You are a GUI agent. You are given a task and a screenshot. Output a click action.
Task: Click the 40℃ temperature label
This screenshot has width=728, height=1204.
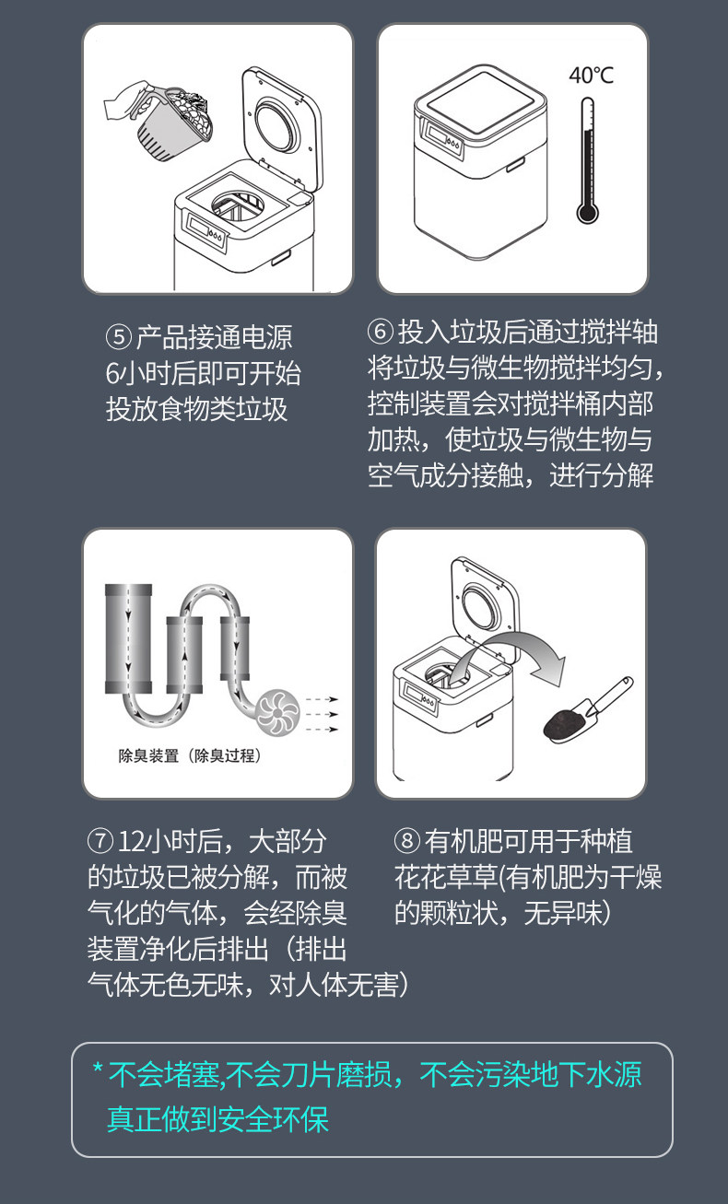click(591, 76)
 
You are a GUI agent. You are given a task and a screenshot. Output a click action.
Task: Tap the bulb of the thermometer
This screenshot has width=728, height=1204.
click(587, 212)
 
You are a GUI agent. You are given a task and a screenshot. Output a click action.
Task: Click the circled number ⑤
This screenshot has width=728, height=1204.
click(118, 337)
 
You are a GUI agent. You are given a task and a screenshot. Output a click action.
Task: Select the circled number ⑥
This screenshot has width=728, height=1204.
click(381, 331)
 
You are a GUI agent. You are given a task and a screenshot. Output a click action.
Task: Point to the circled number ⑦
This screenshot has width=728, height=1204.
click(100, 841)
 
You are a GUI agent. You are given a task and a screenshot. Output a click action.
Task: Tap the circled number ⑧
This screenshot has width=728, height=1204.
click(407, 841)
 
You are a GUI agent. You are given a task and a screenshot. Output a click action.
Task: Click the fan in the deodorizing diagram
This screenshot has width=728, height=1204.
click(277, 713)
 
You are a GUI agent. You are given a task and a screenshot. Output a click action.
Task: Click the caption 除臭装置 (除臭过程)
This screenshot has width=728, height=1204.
click(190, 755)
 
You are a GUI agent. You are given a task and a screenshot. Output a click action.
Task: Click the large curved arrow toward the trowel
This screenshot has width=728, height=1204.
click(516, 645)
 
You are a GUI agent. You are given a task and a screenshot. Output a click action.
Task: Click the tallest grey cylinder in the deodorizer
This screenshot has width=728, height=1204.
click(128, 638)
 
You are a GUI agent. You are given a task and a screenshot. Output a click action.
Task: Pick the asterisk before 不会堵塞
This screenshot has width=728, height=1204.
click(98, 1068)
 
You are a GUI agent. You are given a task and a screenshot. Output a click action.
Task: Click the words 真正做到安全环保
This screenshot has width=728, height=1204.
click(217, 1119)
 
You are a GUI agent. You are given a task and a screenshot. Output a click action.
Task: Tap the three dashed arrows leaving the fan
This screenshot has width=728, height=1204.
click(322, 714)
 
